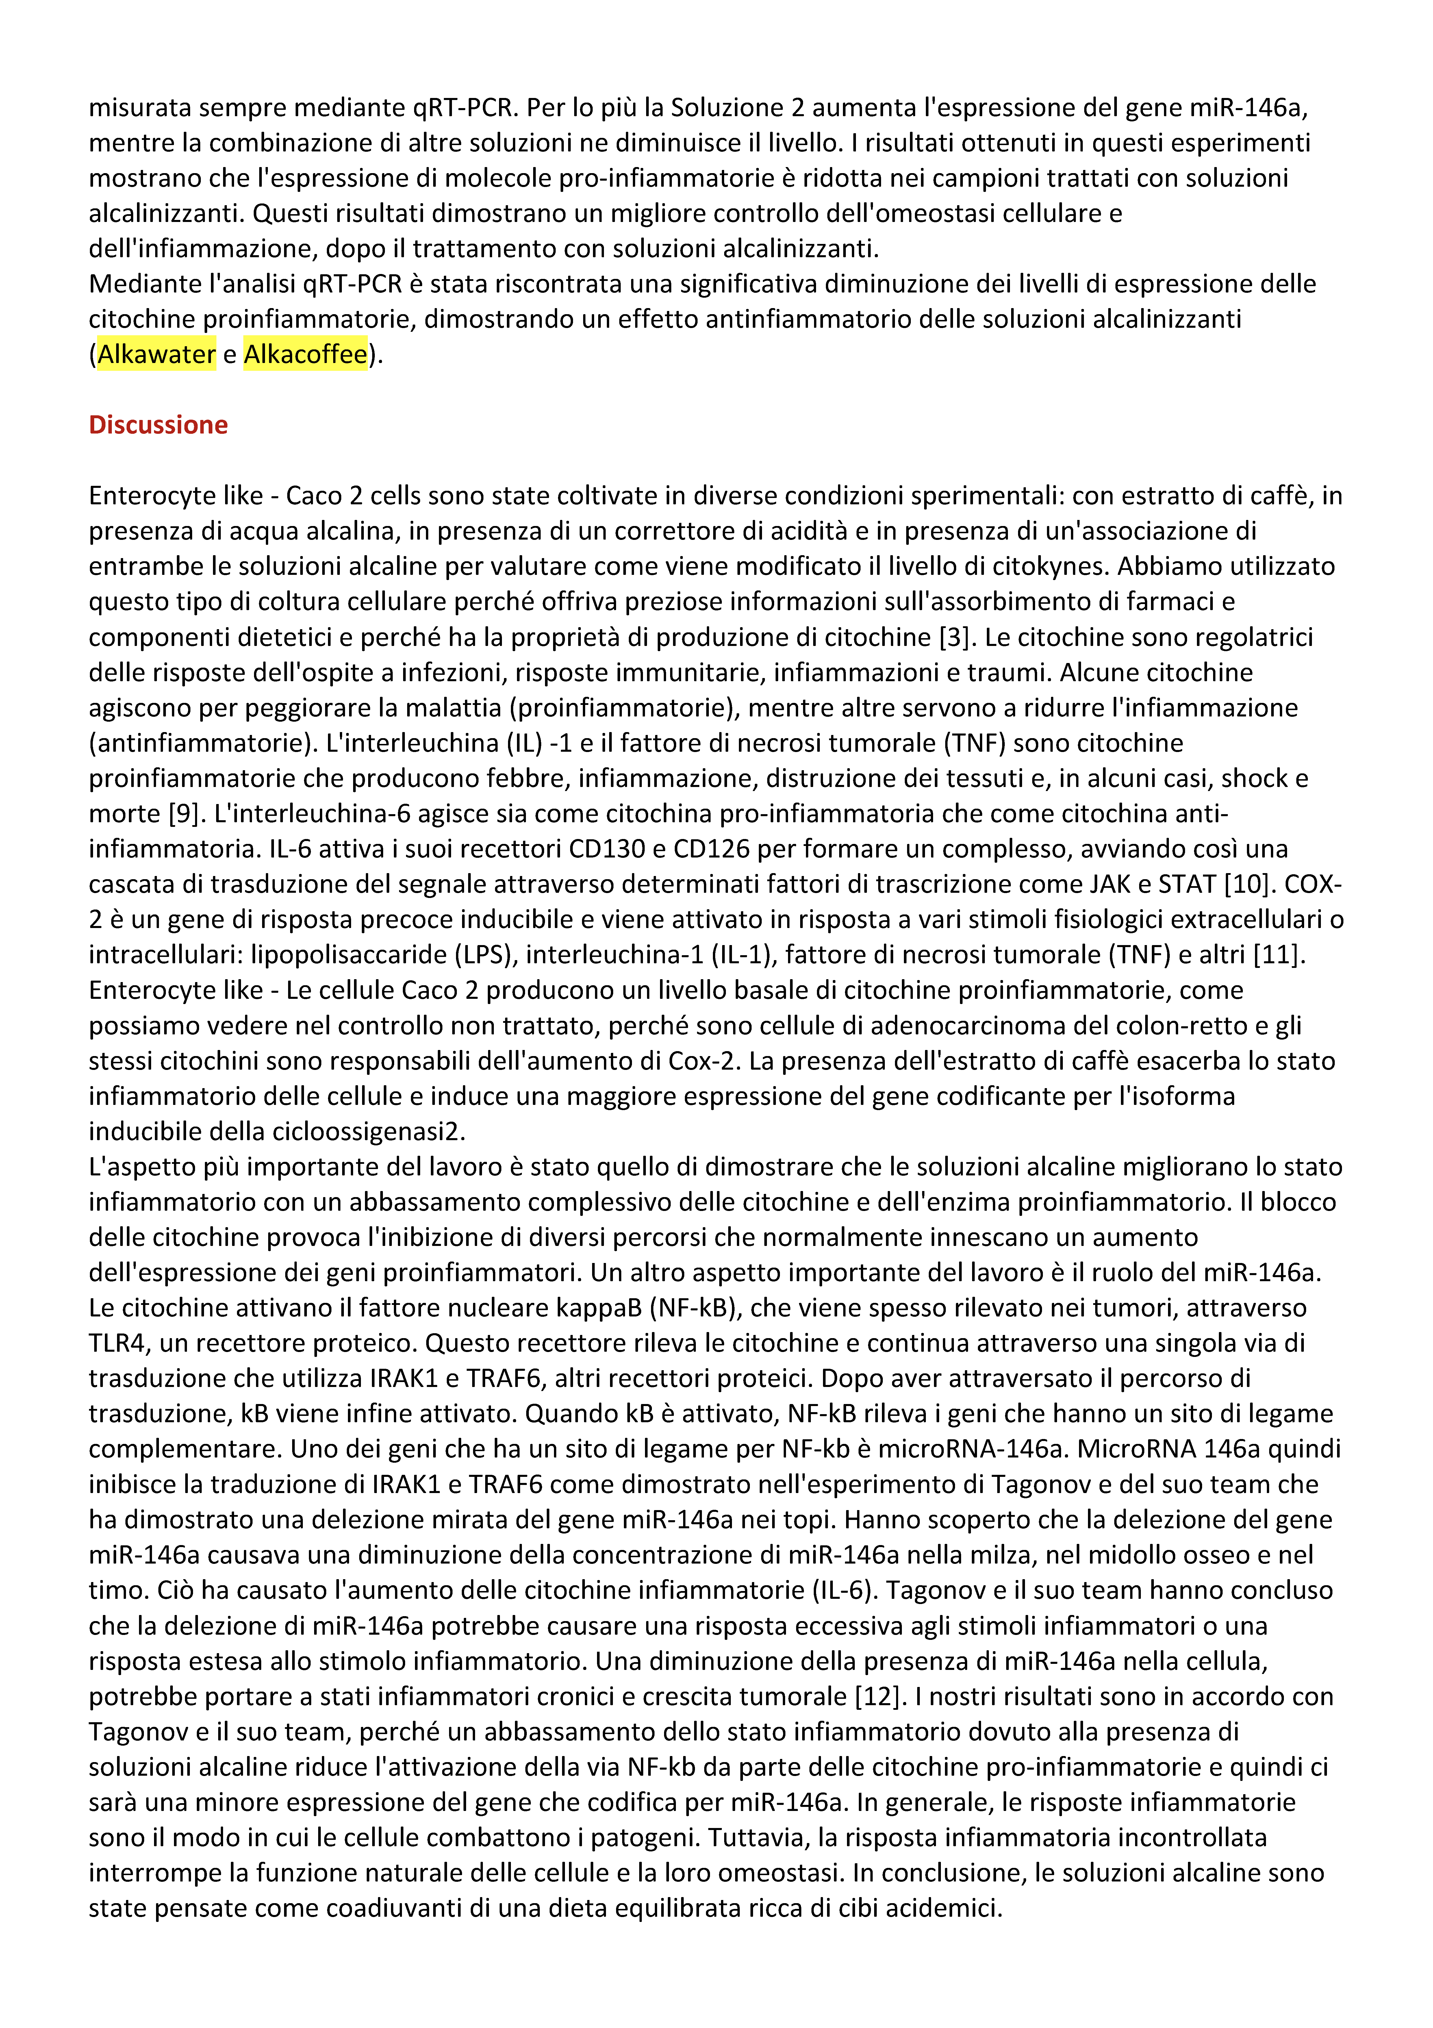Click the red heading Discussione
tap(158, 425)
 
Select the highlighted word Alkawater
tap(156, 354)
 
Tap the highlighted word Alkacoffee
tap(305, 354)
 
